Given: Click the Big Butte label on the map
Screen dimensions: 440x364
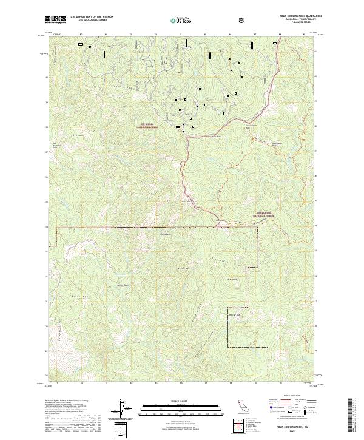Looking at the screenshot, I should point(249,279).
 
